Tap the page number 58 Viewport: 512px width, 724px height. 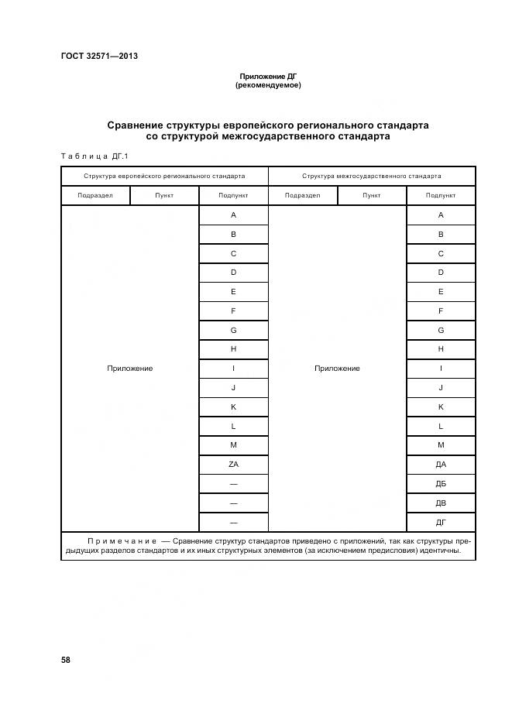[x=66, y=660]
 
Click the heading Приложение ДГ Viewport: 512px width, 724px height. [x=268, y=77]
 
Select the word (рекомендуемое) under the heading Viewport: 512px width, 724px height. [x=268, y=85]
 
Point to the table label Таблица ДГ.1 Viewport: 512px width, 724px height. [x=94, y=156]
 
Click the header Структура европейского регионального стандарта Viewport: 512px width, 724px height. [x=164, y=176]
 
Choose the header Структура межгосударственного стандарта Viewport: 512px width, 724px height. [x=372, y=176]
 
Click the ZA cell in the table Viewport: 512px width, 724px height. [x=233, y=465]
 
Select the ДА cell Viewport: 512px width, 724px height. [x=441, y=465]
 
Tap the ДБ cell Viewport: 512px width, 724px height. [x=441, y=484]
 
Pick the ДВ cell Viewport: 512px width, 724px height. [x=441, y=503]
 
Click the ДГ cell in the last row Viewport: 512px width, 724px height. [x=441, y=523]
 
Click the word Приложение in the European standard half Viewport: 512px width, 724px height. [x=129, y=369]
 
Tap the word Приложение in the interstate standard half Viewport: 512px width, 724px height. [x=337, y=369]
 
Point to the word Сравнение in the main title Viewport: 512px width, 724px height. [x=136, y=125]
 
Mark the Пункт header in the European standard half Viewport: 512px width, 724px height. [x=164, y=196]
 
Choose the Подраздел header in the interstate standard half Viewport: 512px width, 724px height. [x=302, y=196]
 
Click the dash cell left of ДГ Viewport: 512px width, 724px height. [x=233, y=523]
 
